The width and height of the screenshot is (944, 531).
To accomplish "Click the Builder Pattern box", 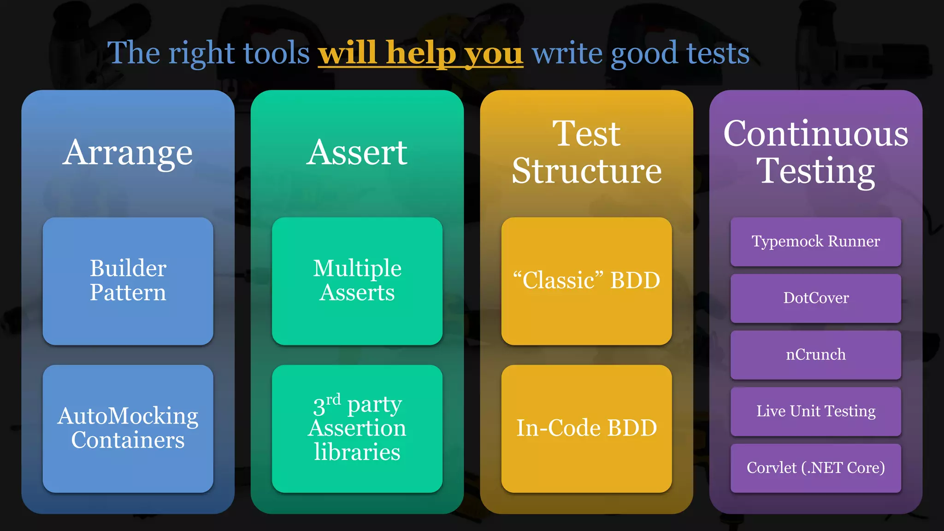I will (x=128, y=281).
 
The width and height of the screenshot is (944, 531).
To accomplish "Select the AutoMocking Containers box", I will (x=128, y=428).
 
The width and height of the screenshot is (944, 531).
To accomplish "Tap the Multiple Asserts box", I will (x=357, y=281).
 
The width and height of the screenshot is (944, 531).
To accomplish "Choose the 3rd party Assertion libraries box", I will (x=357, y=428).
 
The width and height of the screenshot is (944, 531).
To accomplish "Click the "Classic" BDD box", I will (x=586, y=281).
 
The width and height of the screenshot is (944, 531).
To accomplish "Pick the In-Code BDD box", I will (x=586, y=428).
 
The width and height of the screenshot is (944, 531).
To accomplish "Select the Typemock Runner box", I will (x=815, y=242).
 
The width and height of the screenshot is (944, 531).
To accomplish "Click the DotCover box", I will (x=815, y=298).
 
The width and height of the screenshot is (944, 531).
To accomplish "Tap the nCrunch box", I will (x=815, y=355).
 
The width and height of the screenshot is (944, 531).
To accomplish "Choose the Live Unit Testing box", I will (x=815, y=411).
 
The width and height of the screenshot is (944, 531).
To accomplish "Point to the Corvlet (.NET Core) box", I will (x=815, y=468).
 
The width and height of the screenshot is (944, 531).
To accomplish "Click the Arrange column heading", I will (x=128, y=153).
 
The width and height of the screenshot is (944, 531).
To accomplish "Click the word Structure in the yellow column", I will (x=586, y=171).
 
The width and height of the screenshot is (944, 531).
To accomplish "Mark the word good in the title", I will (x=644, y=54).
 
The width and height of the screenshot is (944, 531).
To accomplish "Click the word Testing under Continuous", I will (x=815, y=171).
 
